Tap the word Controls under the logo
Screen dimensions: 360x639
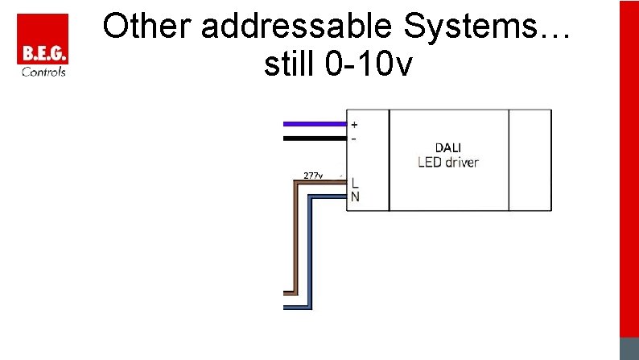[x=43, y=72]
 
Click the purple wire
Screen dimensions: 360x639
[x=314, y=124]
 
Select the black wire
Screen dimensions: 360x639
[x=314, y=139]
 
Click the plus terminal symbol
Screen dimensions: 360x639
[x=355, y=125]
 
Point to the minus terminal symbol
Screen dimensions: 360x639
[x=354, y=138]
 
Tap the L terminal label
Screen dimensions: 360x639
[x=355, y=184]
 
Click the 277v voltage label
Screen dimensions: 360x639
[x=313, y=175]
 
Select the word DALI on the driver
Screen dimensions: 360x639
[x=448, y=147]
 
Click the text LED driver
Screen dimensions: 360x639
[x=448, y=162]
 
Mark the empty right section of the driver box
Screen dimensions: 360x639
[x=530, y=159]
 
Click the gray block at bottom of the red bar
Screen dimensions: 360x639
[x=629, y=348]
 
